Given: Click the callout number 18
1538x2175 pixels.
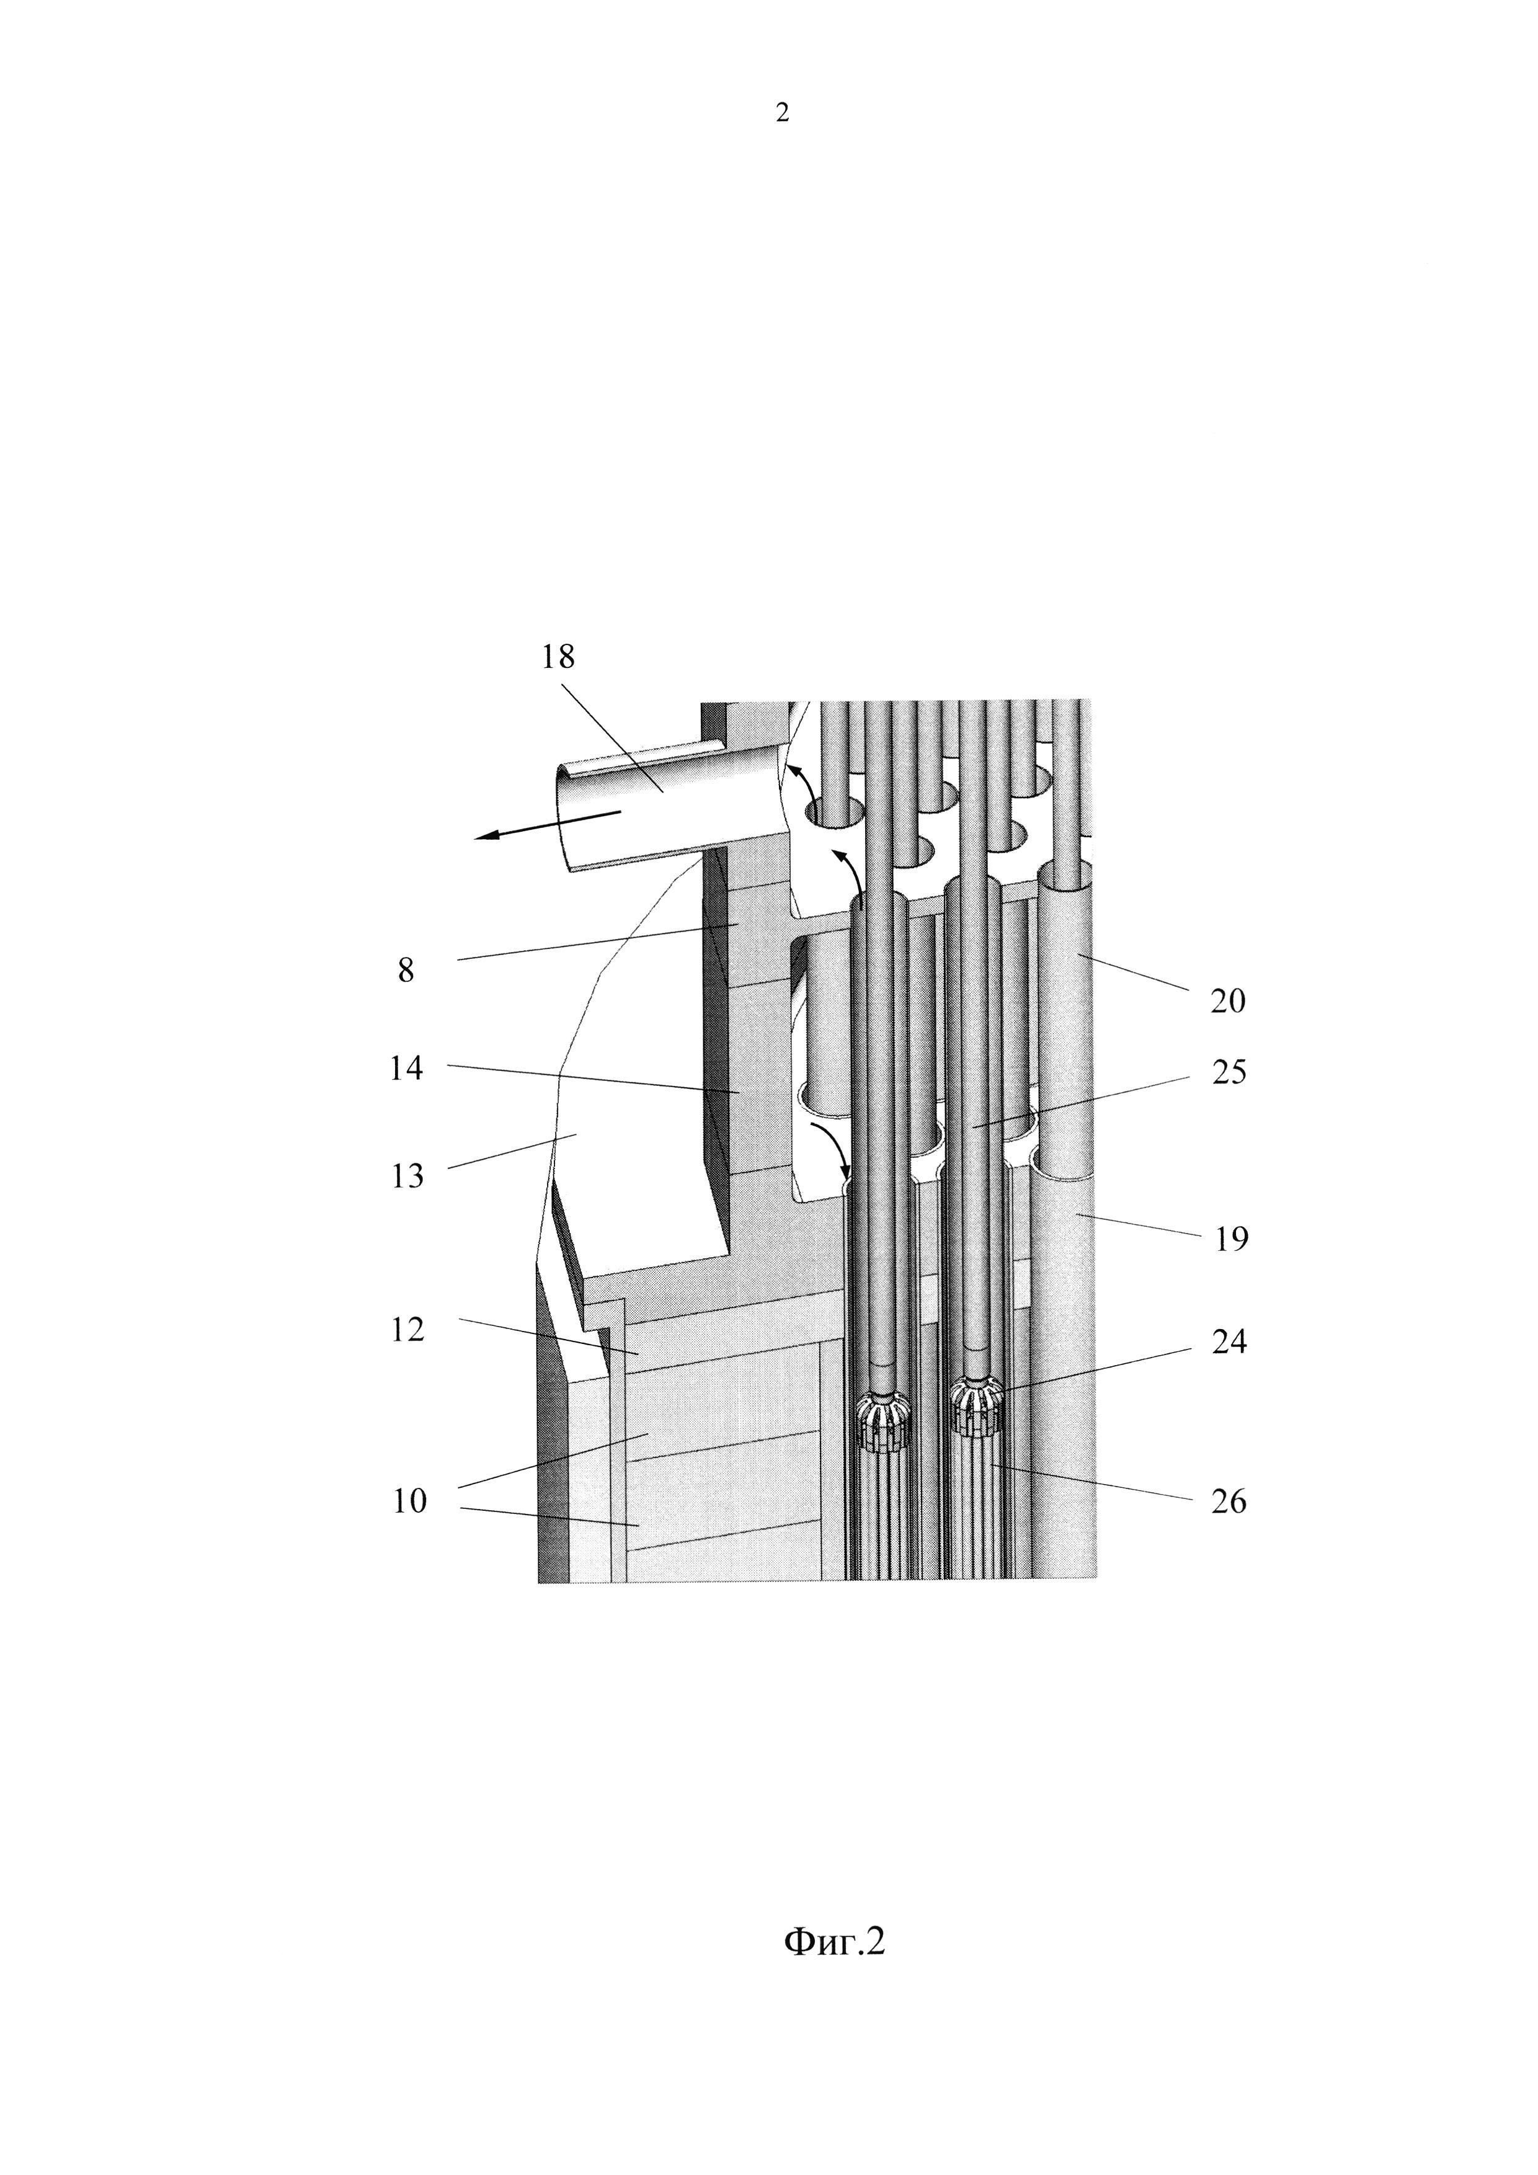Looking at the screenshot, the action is tap(558, 657).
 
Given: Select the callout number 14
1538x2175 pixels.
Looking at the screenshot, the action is tap(406, 1069).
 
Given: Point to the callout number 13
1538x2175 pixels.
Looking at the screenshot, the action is tap(407, 1176).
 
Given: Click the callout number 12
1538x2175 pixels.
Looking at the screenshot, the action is tap(407, 1330).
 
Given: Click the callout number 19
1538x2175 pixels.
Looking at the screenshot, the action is tap(1231, 1239).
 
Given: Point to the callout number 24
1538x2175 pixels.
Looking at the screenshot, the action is tap(1229, 1341).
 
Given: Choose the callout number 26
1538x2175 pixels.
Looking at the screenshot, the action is tap(1229, 1501).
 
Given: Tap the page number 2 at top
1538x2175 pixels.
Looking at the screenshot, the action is tap(782, 113).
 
